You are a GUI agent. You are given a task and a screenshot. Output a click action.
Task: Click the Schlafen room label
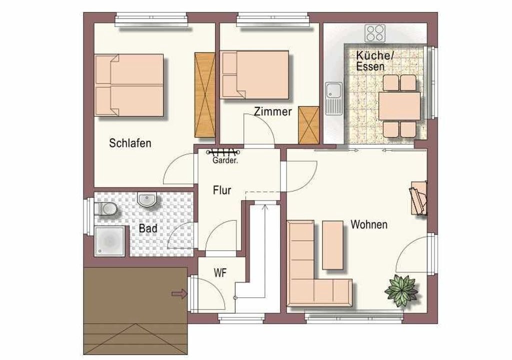pyautogui.click(x=130, y=143)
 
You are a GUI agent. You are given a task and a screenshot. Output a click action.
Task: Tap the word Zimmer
pyautogui.click(x=273, y=111)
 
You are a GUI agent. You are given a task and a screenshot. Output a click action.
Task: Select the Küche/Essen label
pyautogui.click(x=374, y=61)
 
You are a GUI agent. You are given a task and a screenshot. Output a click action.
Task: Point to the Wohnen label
pyautogui.click(x=369, y=224)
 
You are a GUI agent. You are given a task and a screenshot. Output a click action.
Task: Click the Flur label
pyautogui.click(x=222, y=190)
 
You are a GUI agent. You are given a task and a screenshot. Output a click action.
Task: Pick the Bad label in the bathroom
pyautogui.click(x=148, y=228)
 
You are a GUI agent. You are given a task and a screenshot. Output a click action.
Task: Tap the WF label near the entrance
pyautogui.click(x=220, y=273)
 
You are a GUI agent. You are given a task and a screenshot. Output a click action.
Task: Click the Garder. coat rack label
pyautogui.click(x=225, y=160)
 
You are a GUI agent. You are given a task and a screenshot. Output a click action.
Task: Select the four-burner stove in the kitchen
pyautogui.click(x=375, y=33)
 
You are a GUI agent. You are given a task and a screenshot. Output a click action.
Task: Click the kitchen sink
pyautogui.click(x=333, y=98)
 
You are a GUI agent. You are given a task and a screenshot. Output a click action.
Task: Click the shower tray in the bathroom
pyautogui.click(x=109, y=241)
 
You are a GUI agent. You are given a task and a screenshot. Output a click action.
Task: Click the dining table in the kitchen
pyautogui.click(x=399, y=106)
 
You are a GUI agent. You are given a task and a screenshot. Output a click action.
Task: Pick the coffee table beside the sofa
pyautogui.click(x=332, y=245)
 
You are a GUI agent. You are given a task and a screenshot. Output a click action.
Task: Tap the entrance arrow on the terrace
pyautogui.click(x=179, y=294)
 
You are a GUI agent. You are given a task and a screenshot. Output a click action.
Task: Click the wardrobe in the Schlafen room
pyautogui.click(x=204, y=95)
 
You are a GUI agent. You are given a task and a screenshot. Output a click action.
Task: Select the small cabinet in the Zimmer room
pyautogui.click(x=308, y=125)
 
